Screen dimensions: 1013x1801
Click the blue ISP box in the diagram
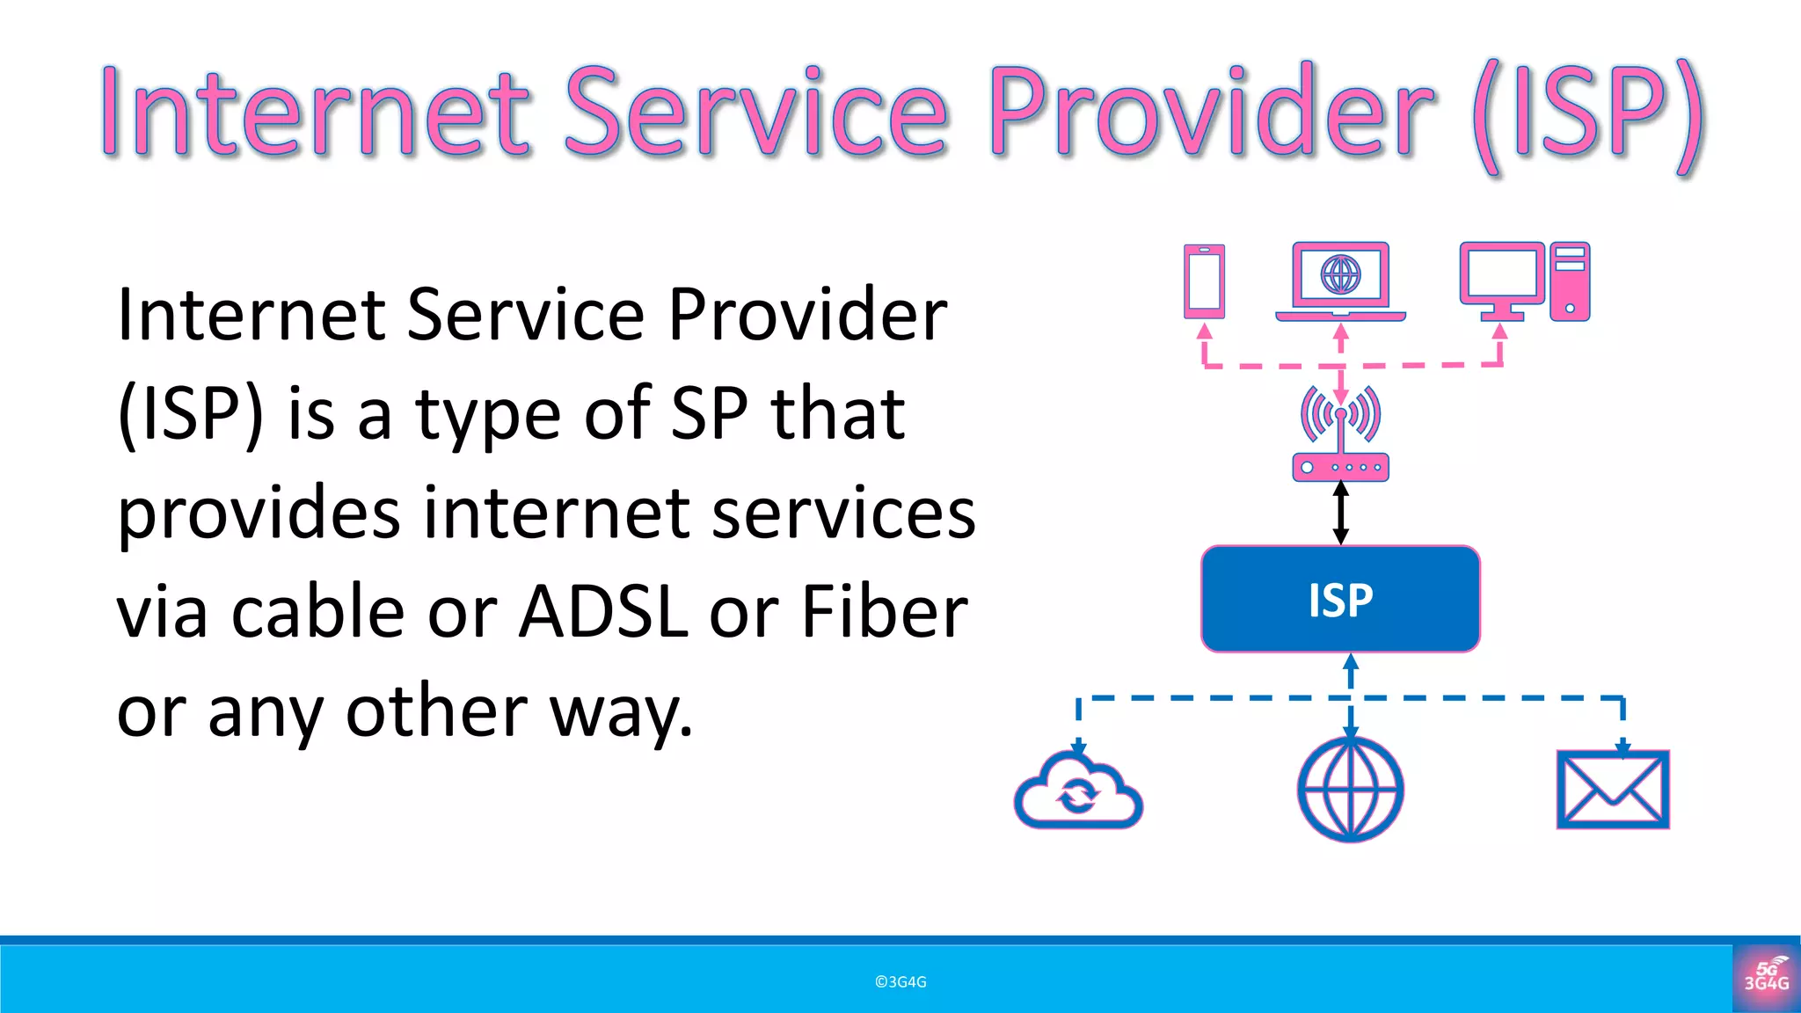(1340, 600)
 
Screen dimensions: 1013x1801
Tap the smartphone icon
(1204, 281)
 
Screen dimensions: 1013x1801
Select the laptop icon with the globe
(1340, 280)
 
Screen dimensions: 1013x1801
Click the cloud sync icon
(1078, 791)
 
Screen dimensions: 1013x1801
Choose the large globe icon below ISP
(1351, 790)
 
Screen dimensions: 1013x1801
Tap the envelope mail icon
(1613, 790)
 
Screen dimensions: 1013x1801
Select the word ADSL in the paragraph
(603, 612)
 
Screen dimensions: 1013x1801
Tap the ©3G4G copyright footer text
(900, 982)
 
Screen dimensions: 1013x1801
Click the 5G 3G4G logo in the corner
(1766, 977)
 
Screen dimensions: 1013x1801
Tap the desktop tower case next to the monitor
(1570, 281)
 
